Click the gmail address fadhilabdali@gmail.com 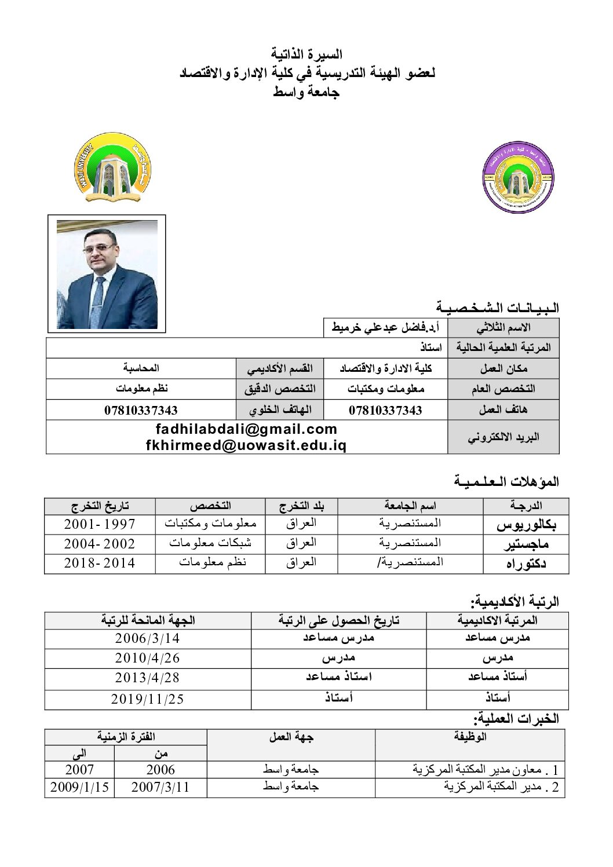[x=246, y=429]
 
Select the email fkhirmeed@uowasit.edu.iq [x=246, y=445]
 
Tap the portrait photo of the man [x=107, y=275]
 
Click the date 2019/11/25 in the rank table [x=147, y=699]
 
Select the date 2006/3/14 [x=147, y=638]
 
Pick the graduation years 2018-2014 [x=99, y=563]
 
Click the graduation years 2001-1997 [x=99, y=524]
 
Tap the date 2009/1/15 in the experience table [x=79, y=788]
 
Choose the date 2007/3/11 [x=160, y=788]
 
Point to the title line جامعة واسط [x=307, y=92]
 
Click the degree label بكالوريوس [x=526, y=525]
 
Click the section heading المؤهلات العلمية [x=506, y=481]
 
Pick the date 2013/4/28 [x=147, y=677]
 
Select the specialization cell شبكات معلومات [x=210, y=543]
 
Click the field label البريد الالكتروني [x=503, y=437]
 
